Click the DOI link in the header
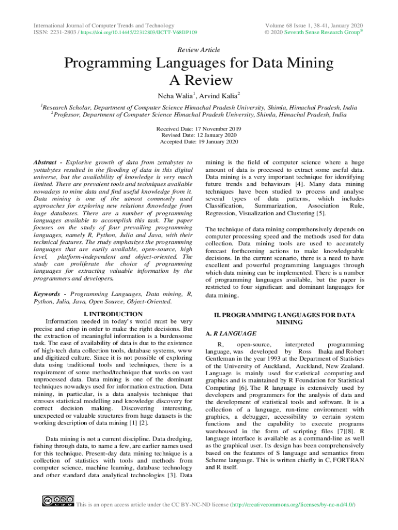click(x=140, y=33)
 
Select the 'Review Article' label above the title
click(x=199, y=50)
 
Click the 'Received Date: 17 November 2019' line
click(x=199, y=128)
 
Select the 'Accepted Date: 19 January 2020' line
click(x=199, y=141)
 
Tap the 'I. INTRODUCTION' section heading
click(x=113, y=314)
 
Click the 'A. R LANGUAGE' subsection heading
click(x=231, y=334)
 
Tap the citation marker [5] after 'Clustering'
click(x=321, y=213)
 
